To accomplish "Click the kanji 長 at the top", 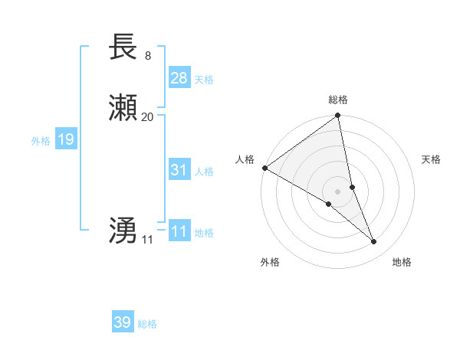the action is [123, 47].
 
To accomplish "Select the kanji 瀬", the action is [123, 110].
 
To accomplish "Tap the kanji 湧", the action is [123, 231].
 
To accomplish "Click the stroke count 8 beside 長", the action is [147, 55].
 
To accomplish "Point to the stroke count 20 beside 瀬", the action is [148, 117].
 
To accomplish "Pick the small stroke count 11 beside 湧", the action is [147, 240].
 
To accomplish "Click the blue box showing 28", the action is [179, 77].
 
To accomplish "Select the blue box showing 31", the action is [179, 170].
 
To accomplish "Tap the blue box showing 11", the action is [179, 231].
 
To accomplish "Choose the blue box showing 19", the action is [66, 139].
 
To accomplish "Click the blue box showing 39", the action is [123, 322].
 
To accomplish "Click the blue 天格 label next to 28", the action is [204, 79].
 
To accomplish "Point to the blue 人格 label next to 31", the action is [204, 172].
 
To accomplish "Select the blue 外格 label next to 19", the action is [41, 141].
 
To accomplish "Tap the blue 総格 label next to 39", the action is [147, 324].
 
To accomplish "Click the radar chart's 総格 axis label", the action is [338, 100].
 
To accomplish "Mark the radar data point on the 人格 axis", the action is [264, 168].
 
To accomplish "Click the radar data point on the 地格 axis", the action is [374, 242].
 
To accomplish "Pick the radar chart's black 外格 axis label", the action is [270, 263].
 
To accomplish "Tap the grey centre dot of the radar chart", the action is [338, 191].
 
